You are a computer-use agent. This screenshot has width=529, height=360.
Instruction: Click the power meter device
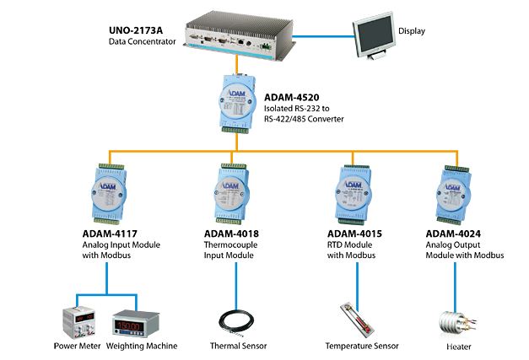tap(81, 320)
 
